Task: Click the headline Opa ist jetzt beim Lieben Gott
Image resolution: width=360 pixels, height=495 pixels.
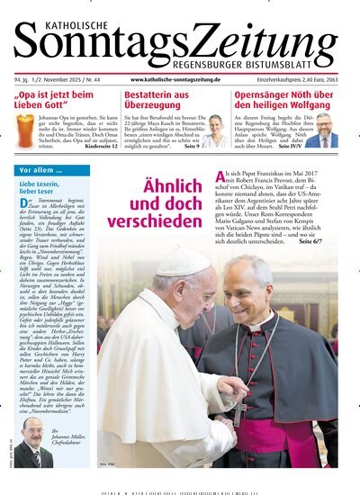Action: pos(54,100)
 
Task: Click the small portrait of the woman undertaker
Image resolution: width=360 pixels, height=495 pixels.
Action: pos(216,130)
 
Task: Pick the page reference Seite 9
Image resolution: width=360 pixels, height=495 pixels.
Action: pos(192,146)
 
